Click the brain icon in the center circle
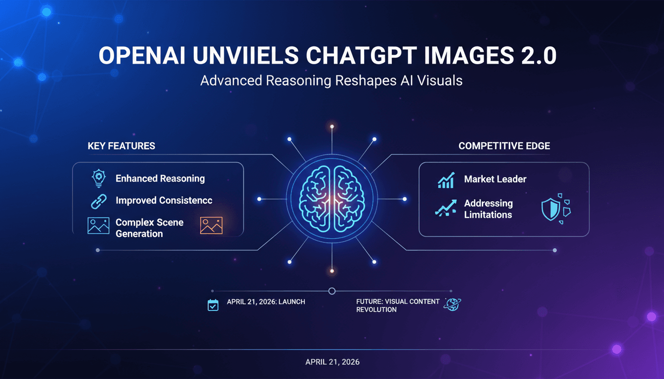click(332, 199)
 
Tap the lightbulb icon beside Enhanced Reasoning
click(99, 179)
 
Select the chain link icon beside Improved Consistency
click(99, 201)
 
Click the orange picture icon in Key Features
click(211, 225)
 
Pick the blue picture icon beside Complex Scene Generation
click(98, 225)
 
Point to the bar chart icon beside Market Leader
click(446, 180)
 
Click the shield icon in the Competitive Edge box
click(551, 209)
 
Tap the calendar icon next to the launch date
click(213, 305)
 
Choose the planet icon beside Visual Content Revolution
click(452, 304)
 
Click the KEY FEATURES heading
click(121, 146)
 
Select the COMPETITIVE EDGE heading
click(504, 146)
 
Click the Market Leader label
click(495, 180)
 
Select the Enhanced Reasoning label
click(160, 179)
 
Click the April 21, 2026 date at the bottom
click(332, 362)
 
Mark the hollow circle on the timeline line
click(332, 291)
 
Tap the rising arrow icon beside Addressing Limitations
click(446, 209)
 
